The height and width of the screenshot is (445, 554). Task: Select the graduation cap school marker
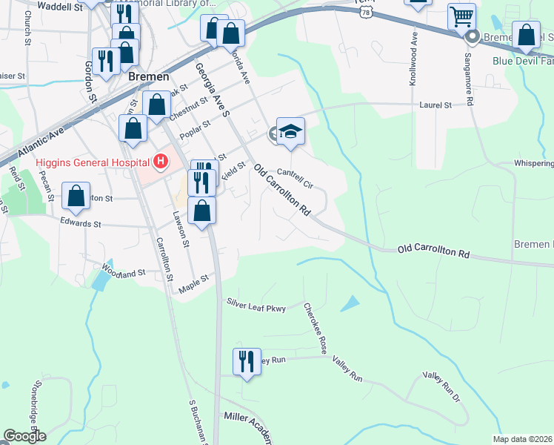[x=291, y=131]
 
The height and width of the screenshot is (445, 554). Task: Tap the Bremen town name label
[x=148, y=76]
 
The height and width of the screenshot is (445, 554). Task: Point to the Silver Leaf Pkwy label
[x=256, y=303]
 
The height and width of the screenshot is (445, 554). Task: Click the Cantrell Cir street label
[x=298, y=177]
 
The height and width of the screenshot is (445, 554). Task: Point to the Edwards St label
[x=81, y=221]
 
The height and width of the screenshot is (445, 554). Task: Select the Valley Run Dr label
[x=441, y=388]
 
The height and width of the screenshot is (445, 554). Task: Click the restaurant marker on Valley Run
[x=247, y=361]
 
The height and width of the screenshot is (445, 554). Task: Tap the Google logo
[x=24, y=436]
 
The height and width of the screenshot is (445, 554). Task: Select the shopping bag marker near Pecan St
[x=76, y=196]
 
